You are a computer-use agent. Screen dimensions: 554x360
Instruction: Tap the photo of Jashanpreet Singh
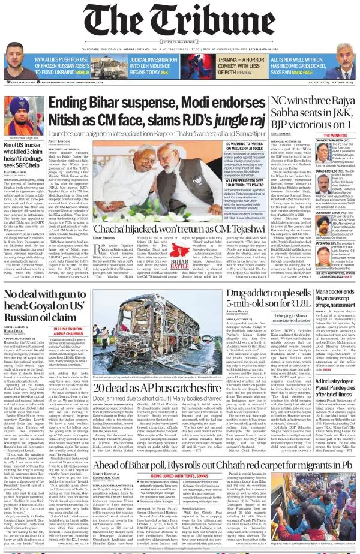point(22,113)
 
